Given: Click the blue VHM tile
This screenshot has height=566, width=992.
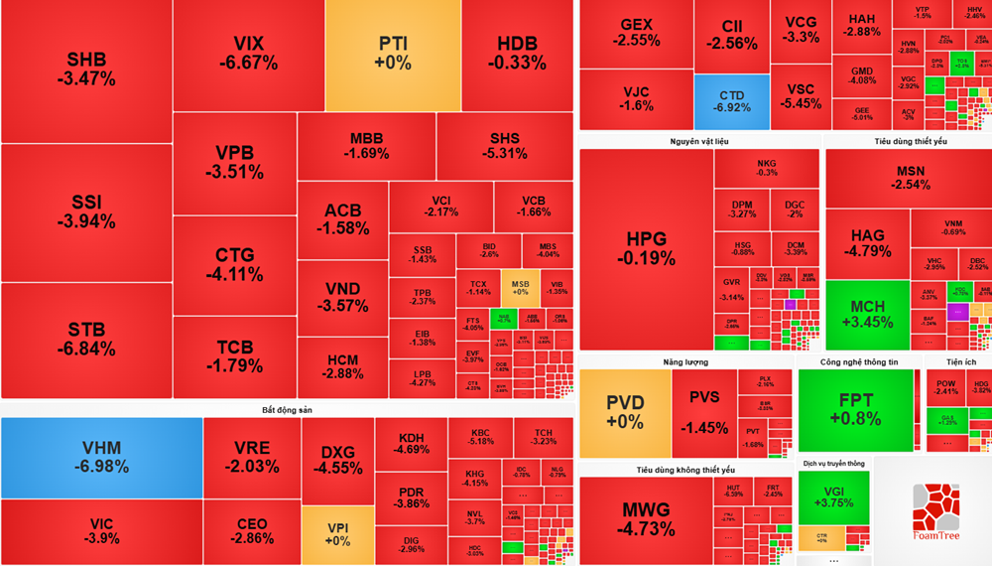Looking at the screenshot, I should [x=102, y=457].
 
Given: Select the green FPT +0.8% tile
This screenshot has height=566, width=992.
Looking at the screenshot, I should [x=855, y=410].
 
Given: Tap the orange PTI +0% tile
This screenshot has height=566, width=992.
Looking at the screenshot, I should [x=393, y=55].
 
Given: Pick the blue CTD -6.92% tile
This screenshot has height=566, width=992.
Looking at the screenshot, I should [x=731, y=101].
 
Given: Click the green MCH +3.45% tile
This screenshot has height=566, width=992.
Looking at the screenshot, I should [x=867, y=314].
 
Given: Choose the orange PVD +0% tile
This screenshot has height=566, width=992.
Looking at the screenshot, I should [x=625, y=412].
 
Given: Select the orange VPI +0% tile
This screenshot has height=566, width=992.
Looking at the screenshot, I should [x=337, y=532].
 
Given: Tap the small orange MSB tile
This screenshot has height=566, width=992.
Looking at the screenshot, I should [x=520, y=286].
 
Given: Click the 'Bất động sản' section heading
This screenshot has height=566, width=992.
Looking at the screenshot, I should [x=288, y=409].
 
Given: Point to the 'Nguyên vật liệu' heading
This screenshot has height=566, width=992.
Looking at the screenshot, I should [x=699, y=142].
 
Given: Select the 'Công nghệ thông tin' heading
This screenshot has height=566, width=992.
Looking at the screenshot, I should [x=858, y=362].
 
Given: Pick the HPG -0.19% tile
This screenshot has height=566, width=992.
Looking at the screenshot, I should [x=646, y=248].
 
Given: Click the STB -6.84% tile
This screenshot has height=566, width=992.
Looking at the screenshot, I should [x=86, y=339].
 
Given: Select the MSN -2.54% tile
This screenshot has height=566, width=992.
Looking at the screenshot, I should [x=908, y=179].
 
